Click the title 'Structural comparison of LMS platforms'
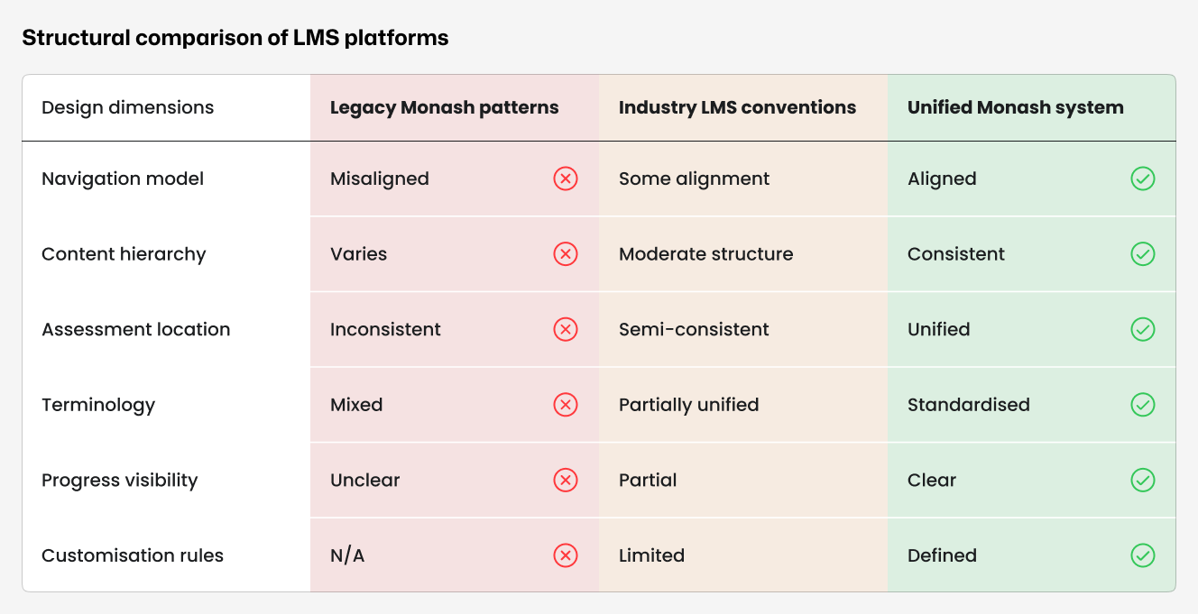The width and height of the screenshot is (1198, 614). [x=235, y=38]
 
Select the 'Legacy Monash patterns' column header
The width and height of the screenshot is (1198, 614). [x=444, y=108]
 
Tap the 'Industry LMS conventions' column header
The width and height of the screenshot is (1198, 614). [x=737, y=108]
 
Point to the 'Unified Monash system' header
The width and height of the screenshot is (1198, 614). [x=1015, y=108]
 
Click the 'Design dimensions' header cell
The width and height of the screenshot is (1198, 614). [x=127, y=108]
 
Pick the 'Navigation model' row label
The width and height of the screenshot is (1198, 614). [x=123, y=179]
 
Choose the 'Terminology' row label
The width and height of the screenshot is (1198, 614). [x=98, y=405]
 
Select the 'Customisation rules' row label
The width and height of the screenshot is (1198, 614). [x=133, y=555]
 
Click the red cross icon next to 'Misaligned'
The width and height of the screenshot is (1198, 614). [x=566, y=179]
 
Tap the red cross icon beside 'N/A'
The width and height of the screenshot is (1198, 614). [x=566, y=555]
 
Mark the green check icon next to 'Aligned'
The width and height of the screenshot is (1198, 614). [x=1142, y=179]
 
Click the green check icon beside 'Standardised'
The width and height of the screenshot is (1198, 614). [x=1142, y=405]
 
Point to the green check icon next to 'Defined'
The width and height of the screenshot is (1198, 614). [x=1142, y=555]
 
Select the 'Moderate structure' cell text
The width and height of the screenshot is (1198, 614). [x=705, y=254]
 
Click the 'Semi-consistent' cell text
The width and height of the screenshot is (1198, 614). [x=694, y=330]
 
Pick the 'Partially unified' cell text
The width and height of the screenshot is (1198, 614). [x=688, y=405]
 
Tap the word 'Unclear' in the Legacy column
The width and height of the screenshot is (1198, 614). [x=364, y=481]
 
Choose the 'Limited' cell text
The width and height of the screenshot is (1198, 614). [x=651, y=555]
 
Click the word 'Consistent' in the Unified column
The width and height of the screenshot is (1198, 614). [x=955, y=254]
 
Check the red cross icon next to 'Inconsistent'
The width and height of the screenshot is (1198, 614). [x=566, y=330]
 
